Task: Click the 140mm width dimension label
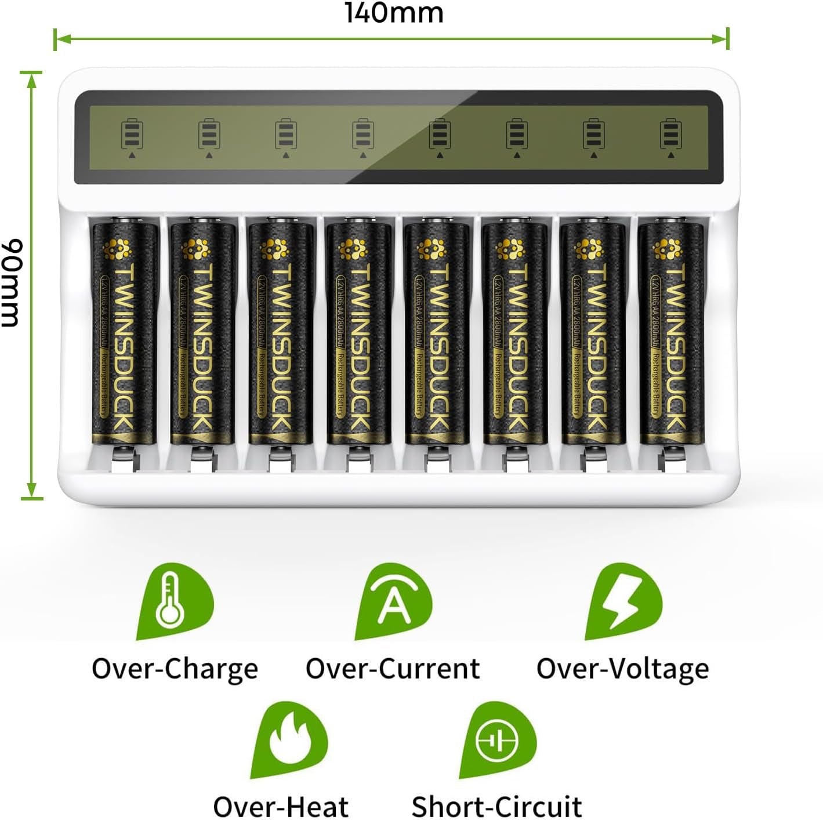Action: click(394, 13)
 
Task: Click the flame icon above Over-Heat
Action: click(289, 741)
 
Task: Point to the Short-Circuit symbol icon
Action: click(498, 741)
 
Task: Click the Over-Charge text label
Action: click(175, 669)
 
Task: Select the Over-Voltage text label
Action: click(622, 669)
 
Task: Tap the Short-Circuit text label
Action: click(496, 806)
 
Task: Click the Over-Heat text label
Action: click(281, 806)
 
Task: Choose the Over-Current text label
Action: click(393, 669)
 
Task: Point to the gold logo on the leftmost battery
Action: click(117, 249)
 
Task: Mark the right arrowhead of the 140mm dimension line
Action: click(720, 39)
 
